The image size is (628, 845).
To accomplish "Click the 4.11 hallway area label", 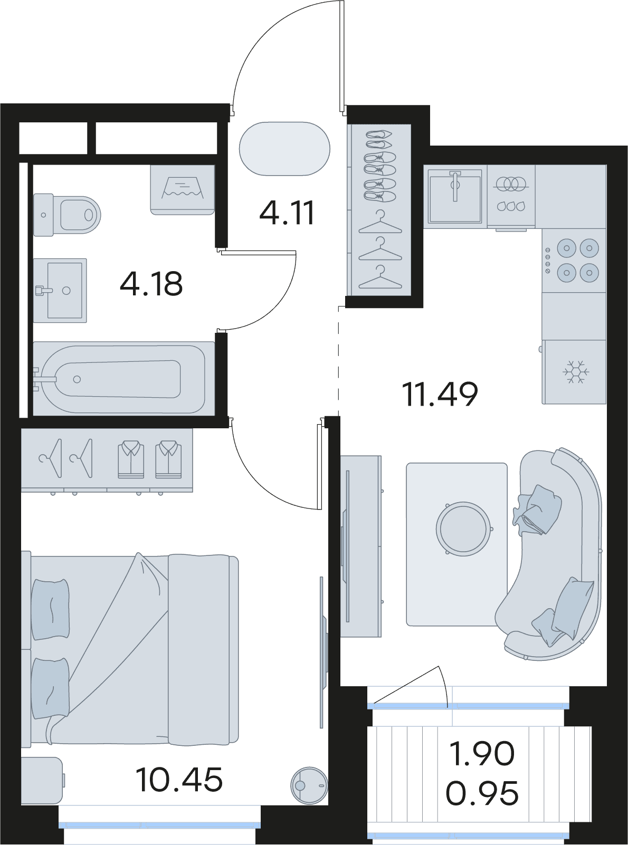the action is [x=287, y=213].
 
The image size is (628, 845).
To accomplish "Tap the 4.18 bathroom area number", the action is [x=151, y=284].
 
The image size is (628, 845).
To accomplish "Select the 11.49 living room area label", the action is [x=440, y=395].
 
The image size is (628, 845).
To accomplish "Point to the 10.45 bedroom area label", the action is [x=179, y=779].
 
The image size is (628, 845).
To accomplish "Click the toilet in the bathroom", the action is [x=66, y=215].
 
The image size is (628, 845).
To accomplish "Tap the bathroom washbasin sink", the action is [x=60, y=291].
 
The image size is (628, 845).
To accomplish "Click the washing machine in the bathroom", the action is [x=182, y=189].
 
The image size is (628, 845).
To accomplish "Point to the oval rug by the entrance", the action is [x=284, y=149].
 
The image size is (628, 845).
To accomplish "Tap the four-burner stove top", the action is [x=574, y=260].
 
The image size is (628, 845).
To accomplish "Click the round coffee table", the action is [x=463, y=529].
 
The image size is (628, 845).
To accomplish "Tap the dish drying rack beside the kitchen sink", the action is [x=511, y=197].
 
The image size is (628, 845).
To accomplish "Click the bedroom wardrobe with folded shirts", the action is [x=107, y=460].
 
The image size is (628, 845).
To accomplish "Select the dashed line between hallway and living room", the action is [x=339, y=361].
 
